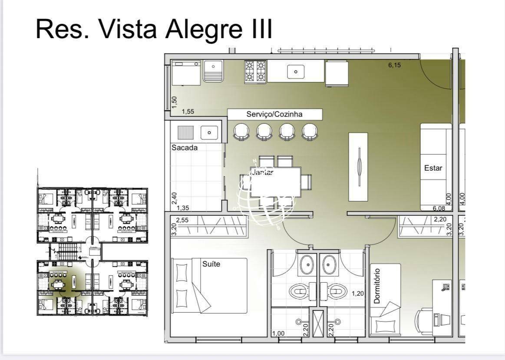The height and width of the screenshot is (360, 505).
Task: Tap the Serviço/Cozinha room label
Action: [274, 114]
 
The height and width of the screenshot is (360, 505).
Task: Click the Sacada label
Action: [185, 148]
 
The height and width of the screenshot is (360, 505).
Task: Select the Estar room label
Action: [433, 168]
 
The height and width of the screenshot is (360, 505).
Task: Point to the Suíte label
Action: [211, 264]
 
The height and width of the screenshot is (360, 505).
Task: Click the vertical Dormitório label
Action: [376, 285]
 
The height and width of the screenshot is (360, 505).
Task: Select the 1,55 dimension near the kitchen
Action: [188, 112]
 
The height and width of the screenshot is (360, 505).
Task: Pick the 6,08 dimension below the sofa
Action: [439, 208]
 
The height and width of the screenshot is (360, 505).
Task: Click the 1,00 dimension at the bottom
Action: [278, 334]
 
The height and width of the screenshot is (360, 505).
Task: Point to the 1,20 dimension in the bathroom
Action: [357, 294]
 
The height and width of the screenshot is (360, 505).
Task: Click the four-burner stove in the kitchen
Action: [255, 72]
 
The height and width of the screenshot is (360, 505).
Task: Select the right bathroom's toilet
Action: [337, 291]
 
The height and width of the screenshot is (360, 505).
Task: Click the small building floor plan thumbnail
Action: [92, 251]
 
